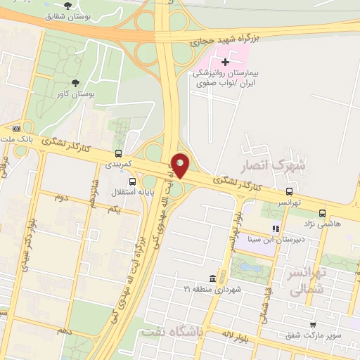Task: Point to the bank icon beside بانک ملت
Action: pyautogui.click(x=16, y=129)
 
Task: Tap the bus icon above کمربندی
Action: pyautogui.click(x=117, y=153)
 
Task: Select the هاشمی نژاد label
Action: pyautogui.click(x=321, y=223)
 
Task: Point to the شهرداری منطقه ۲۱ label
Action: pyautogui.click(x=212, y=289)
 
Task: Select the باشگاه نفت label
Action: pyautogui.click(x=172, y=330)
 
